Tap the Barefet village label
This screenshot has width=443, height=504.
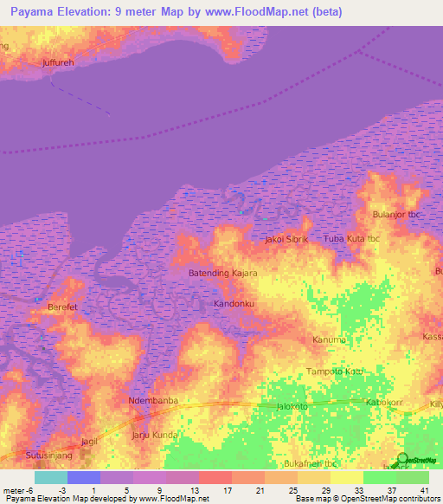coord(62,307)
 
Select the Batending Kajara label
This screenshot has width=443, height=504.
coord(223,273)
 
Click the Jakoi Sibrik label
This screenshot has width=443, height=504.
coord(286,238)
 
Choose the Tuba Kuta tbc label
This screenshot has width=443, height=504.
coord(351,238)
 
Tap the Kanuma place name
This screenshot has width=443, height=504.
coord(330,339)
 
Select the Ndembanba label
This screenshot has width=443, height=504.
coord(153,400)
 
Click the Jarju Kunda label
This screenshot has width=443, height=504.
coord(155,435)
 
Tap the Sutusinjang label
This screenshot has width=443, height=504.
coord(26,452)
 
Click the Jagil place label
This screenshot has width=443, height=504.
coord(88,442)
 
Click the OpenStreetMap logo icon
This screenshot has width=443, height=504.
coord(403,461)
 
